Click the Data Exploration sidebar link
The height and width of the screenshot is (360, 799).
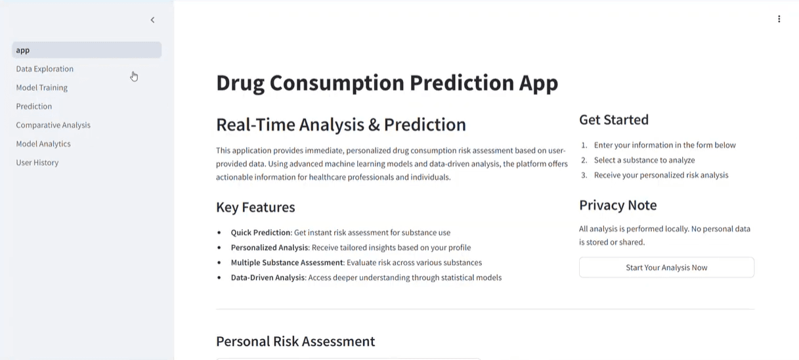tap(45, 69)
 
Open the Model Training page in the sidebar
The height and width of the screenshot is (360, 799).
tap(41, 87)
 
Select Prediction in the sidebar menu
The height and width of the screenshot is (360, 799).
tap(34, 106)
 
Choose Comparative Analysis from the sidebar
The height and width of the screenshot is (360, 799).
tap(53, 125)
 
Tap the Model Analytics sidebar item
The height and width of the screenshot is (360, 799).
tap(43, 144)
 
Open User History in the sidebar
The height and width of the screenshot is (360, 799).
tap(37, 163)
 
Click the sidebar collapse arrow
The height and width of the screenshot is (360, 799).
tap(152, 20)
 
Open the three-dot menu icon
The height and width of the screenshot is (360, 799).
tap(779, 19)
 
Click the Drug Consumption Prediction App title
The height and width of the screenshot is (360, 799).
tap(387, 83)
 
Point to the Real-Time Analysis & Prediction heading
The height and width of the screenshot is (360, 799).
tap(341, 125)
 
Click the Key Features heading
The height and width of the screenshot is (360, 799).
tap(255, 208)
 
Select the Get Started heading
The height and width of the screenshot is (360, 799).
tap(613, 120)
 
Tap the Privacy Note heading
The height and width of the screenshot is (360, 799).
tap(617, 206)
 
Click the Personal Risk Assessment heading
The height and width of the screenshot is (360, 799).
tap(295, 342)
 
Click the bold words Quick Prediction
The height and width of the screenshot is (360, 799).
tap(261, 233)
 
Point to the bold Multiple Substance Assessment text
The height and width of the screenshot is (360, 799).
tap(287, 263)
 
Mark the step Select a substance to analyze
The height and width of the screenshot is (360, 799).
tap(644, 160)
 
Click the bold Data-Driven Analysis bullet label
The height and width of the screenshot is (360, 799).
tap(268, 278)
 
